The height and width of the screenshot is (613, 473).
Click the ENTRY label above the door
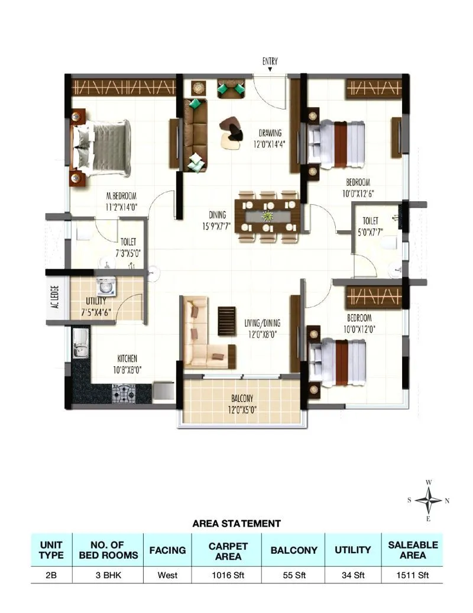point(270,61)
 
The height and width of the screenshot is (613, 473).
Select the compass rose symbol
point(428,501)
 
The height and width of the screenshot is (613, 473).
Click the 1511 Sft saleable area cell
point(413,575)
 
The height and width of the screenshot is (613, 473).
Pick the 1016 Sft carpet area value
point(228,575)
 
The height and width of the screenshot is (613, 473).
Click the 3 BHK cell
point(108,575)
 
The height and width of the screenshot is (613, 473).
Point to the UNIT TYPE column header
point(51,550)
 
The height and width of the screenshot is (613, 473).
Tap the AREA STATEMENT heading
point(237,524)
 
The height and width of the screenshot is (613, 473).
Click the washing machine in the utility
point(106,286)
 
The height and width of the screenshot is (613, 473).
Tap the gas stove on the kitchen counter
point(124,391)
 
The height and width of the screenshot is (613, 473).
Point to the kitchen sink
point(79,344)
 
